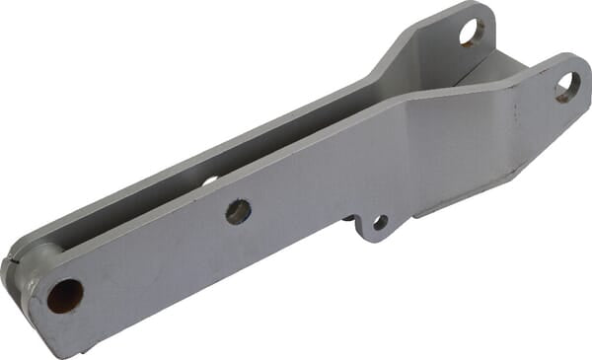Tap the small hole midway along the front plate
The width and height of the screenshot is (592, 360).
click(238, 211)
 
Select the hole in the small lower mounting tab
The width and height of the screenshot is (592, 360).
click(379, 223)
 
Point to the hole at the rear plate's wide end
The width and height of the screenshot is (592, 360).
click(472, 33)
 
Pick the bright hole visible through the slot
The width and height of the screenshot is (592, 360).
click(210, 180)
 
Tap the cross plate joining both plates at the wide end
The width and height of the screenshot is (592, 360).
click(493, 74)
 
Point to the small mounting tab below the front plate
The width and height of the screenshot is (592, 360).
click(373, 228)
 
